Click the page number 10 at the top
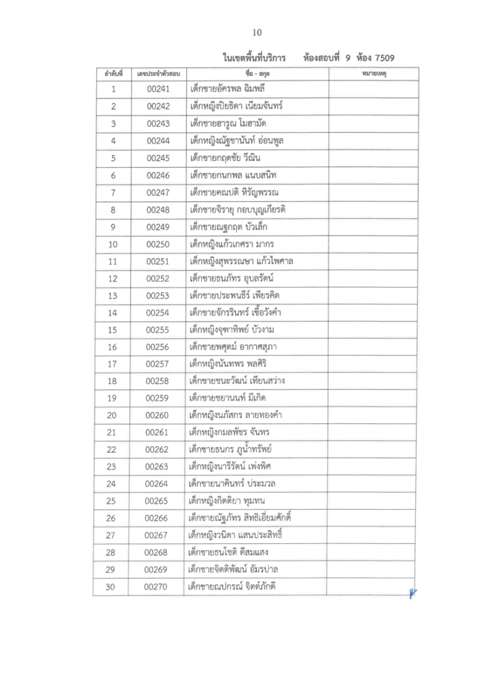[x=257, y=32]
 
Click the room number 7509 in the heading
[x=391, y=57]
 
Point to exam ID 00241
[x=158, y=88]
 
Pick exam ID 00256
[x=158, y=347]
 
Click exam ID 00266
[x=158, y=518]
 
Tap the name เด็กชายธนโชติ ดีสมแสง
[x=228, y=552]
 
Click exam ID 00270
[x=158, y=586]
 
